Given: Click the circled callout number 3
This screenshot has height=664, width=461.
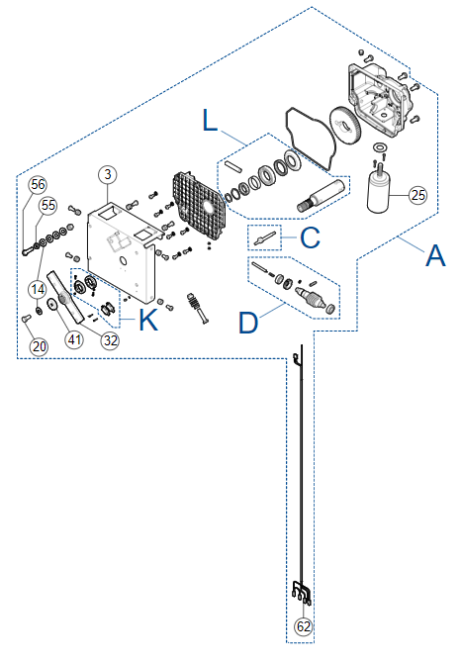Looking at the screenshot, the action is click(x=108, y=174).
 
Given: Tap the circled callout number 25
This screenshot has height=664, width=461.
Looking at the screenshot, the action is click(x=417, y=195).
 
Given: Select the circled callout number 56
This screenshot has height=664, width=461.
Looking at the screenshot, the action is click(x=38, y=184).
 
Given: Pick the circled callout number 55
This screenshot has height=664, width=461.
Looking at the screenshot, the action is click(x=48, y=206).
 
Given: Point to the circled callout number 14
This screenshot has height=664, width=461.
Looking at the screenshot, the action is click(x=38, y=290).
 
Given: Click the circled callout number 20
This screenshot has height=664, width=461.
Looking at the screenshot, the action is click(x=39, y=346).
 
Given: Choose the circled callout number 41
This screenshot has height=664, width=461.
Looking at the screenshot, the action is click(x=74, y=339).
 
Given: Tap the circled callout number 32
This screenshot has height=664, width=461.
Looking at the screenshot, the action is click(x=111, y=340).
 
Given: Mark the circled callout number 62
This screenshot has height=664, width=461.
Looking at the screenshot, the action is click(x=304, y=626).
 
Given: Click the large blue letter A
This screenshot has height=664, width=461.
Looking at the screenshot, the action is click(x=435, y=255).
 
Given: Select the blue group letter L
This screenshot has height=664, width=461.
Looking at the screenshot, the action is click(x=210, y=120).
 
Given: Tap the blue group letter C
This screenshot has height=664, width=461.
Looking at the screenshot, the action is click(x=310, y=237).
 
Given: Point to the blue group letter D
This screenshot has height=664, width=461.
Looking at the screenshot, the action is click(x=248, y=323).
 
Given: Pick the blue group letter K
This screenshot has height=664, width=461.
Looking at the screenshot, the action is click(x=147, y=320).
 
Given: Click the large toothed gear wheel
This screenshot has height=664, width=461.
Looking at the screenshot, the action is click(x=345, y=126).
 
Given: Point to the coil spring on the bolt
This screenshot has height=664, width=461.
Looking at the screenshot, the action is click(x=194, y=302).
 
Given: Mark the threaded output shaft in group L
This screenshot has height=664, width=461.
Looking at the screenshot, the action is click(x=323, y=194).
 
